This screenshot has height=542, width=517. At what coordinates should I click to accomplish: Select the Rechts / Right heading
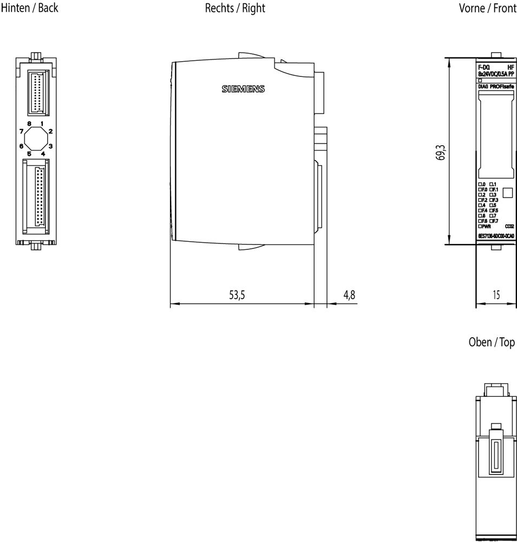235,8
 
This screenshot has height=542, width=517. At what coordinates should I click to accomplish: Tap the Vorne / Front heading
487,8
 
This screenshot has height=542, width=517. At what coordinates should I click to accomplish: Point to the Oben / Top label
491,343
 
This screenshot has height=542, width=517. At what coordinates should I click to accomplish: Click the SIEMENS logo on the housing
243,89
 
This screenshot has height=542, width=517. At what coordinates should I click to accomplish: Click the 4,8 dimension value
349,295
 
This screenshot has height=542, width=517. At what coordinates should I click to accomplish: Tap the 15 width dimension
495,295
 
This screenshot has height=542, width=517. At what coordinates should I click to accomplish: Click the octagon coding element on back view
36,139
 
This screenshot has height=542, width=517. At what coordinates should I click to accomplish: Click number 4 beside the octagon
43,153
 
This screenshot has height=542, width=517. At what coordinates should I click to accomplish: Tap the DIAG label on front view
483,86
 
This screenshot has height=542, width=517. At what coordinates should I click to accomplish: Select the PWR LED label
486,226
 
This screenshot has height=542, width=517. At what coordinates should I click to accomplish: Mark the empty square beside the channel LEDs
507,192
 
